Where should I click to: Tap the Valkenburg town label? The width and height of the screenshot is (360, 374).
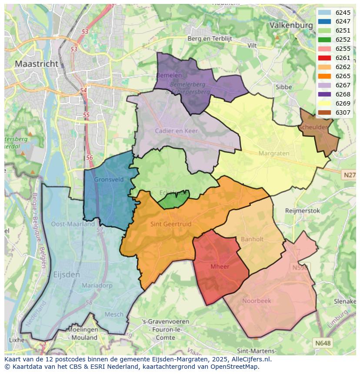[x=291, y=25]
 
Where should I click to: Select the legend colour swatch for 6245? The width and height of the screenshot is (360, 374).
[x=324, y=13]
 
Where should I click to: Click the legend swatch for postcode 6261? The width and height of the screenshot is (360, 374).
[x=324, y=58]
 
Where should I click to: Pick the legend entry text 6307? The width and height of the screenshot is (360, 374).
[x=343, y=113]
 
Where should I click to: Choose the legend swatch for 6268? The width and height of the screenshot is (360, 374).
[x=324, y=94]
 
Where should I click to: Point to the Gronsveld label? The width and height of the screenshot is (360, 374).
[x=109, y=179]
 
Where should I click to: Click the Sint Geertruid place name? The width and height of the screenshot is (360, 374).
[x=171, y=224]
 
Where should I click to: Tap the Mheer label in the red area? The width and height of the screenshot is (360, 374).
[x=220, y=267]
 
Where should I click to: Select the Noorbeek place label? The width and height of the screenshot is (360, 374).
[x=257, y=301]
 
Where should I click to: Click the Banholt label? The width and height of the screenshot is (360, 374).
[x=252, y=239]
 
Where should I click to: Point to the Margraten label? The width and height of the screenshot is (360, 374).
[x=274, y=153]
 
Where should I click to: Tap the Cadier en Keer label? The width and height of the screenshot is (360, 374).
[x=176, y=131]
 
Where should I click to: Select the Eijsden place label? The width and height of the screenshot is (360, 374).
[x=66, y=275]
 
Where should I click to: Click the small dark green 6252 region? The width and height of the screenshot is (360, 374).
[x=173, y=200]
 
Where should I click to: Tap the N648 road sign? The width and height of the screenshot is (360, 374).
[x=323, y=343]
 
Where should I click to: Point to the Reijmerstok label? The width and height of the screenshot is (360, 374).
[x=302, y=211]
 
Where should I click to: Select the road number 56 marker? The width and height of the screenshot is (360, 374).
[x=89, y=158]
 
